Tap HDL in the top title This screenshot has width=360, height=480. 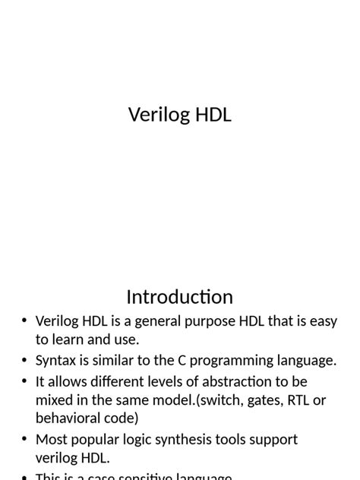pyautogui.click(x=213, y=115)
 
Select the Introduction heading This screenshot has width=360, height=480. pyautogui.click(x=179, y=296)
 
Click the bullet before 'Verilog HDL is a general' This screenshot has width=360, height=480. pyautogui.click(x=24, y=321)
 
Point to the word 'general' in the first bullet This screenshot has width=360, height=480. pyautogui.click(x=161, y=321)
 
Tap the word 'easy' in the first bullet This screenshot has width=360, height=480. pyautogui.click(x=321, y=321)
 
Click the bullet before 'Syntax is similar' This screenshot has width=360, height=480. pyautogui.click(x=24, y=361)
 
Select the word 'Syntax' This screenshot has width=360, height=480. pyautogui.click(x=57, y=361)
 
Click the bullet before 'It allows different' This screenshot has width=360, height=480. pyautogui.click(x=24, y=382)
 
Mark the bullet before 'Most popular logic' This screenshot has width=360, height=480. pyautogui.click(x=24, y=440)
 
